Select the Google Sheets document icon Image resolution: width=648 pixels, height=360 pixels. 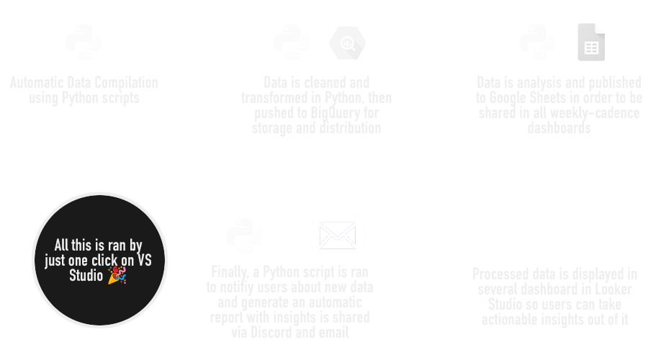(590, 42)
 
